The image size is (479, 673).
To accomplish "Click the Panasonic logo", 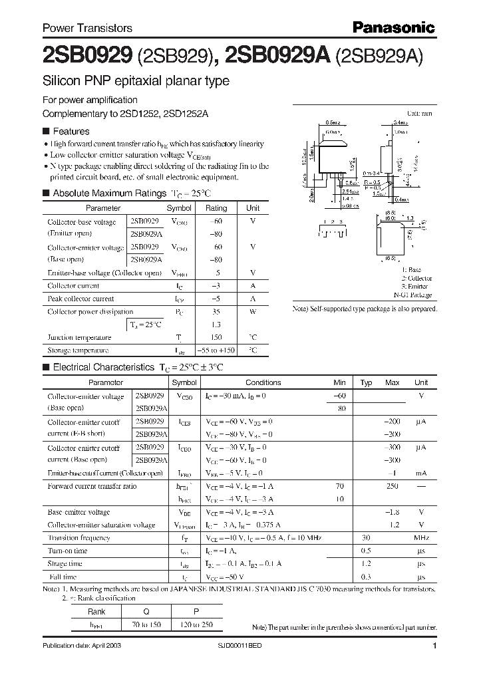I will coord(393,27).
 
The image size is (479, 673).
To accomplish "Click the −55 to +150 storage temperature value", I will coord(216,350).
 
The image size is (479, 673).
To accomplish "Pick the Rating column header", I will coord(216,208).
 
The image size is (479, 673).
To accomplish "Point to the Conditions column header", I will coord(263,382).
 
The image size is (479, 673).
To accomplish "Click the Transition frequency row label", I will coord(79,538).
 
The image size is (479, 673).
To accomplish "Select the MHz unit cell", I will coord(420,538).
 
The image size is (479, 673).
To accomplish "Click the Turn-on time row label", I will coord(67,551).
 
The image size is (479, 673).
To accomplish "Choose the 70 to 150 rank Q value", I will coord(146,624).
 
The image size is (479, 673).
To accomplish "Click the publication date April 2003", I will coord(82,646).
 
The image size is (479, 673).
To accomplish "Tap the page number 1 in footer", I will coord(434,646).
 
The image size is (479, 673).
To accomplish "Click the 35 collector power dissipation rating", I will coord(216,311).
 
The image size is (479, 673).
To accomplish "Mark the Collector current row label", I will coord(73,285).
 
